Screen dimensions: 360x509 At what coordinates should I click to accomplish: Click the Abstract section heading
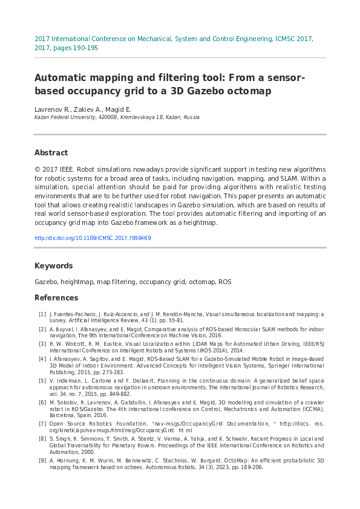[51, 153]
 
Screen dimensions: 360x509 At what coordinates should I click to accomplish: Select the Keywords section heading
[53, 266]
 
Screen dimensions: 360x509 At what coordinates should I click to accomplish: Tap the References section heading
[56, 298]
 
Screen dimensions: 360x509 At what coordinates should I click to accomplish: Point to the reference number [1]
[42, 314]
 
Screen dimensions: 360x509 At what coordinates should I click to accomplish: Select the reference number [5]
[42, 381]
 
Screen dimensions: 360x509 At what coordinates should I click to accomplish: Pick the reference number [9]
[42, 461]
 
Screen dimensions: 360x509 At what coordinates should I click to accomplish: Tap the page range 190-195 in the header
[83, 48]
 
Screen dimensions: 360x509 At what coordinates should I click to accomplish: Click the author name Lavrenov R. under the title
[52, 109]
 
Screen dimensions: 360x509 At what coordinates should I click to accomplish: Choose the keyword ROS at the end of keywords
[224, 282]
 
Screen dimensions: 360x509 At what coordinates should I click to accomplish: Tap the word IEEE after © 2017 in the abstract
[66, 169]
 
